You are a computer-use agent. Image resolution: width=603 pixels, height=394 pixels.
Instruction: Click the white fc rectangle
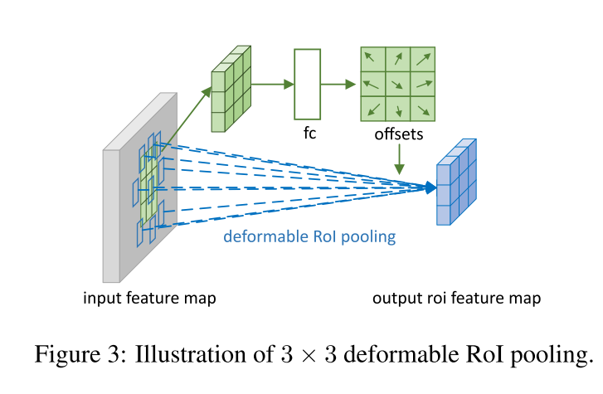point(307,84)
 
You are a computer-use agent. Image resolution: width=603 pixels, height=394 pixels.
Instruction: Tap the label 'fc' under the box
point(307,132)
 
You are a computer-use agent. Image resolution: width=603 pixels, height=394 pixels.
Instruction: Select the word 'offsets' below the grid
point(400,134)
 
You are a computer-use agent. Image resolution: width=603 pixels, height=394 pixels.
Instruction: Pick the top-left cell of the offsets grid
point(372,60)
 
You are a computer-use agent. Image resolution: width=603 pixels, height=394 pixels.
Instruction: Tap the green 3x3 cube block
point(231,91)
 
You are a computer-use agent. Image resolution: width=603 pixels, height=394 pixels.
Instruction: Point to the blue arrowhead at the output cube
point(430,188)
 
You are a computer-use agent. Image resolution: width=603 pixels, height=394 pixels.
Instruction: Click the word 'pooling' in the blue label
point(370,238)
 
